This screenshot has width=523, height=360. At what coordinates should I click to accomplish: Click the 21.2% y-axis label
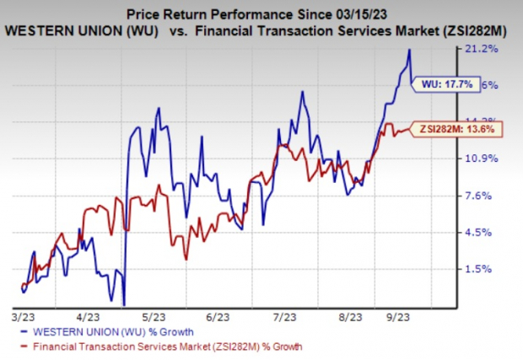tap(491, 49)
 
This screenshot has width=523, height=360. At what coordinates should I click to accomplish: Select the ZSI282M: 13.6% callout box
tap(460, 129)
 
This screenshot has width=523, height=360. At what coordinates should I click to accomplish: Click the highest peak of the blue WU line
tap(409, 50)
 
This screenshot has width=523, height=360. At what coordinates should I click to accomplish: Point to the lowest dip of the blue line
tap(124, 304)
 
